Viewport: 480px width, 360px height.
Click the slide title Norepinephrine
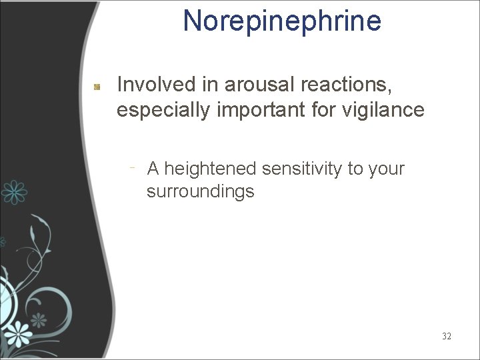282,21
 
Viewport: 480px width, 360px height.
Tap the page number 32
446,336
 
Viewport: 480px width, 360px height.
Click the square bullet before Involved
97,86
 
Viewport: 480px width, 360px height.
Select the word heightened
209,169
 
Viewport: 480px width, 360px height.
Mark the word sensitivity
302,169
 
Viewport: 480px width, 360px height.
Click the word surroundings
201,192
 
